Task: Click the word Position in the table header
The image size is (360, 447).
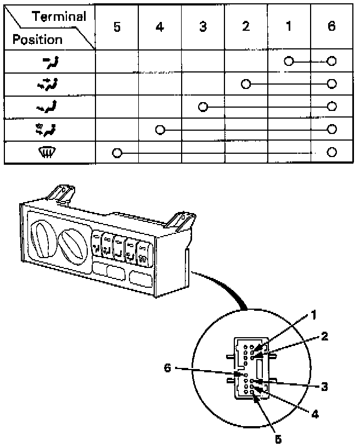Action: coord(37,40)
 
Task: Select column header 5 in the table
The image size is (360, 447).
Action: coord(117,27)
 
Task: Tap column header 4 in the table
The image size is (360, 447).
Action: coord(160,27)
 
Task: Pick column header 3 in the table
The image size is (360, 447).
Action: coord(203,27)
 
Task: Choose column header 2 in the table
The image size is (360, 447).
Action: coord(245,27)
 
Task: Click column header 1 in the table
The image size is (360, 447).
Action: coord(289,27)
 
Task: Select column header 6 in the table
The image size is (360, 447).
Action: coord(331,27)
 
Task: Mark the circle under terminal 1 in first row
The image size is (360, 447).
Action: coord(289,61)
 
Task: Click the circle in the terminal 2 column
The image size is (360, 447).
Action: coord(246,84)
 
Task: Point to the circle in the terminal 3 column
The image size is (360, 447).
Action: coord(203,107)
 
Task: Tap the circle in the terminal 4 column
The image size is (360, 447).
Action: coord(160,130)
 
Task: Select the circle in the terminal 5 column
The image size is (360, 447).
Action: coord(117,153)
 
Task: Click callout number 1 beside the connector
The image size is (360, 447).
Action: coord(314,316)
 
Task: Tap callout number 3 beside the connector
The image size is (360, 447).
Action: coord(324,386)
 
